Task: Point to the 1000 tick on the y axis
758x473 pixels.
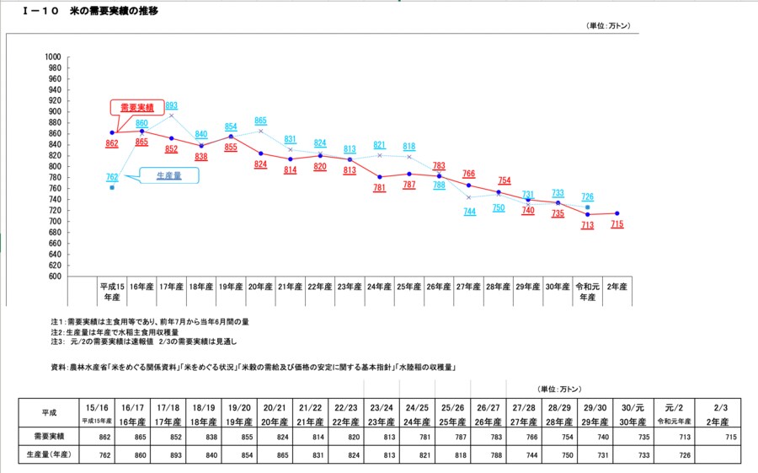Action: (x=52, y=56)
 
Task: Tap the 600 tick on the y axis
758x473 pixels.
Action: (x=55, y=276)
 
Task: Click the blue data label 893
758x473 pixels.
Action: (x=171, y=105)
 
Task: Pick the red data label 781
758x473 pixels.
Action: (x=379, y=188)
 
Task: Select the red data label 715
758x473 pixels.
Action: (x=617, y=225)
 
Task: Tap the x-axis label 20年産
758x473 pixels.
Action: (x=260, y=288)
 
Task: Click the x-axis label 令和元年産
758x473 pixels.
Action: (x=587, y=291)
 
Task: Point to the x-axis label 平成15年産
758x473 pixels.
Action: (x=112, y=291)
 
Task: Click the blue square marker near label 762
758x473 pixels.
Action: (x=112, y=187)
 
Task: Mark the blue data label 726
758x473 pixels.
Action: (x=587, y=196)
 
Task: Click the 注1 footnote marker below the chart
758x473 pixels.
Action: (x=57, y=321)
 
